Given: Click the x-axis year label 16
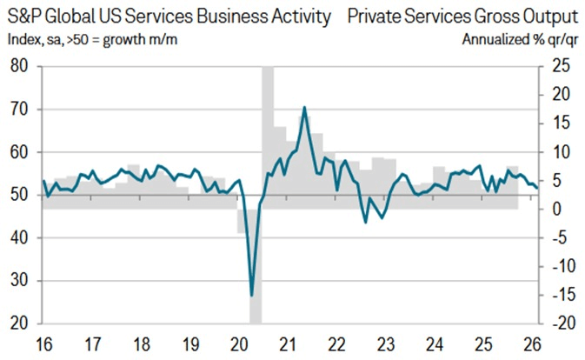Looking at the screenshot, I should tap(43, 343).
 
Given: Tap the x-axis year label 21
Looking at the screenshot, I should tap(291, 343).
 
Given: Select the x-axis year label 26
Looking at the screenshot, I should tap(531, 343).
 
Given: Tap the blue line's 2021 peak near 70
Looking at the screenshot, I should tap(304, 107).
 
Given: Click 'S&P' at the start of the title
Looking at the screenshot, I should tap(23, 17).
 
